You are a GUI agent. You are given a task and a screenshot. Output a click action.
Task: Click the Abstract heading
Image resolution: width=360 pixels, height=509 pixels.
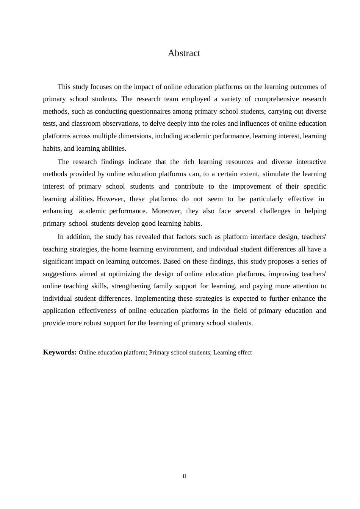[x=184, y=53]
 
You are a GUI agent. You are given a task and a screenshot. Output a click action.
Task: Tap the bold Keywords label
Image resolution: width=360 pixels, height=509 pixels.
[x=60, y=352]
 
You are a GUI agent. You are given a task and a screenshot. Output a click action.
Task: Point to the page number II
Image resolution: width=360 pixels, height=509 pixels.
[x=184, y=476]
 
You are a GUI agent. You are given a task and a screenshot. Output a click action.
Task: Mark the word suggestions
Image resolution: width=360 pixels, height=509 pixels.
[x=60, y=274]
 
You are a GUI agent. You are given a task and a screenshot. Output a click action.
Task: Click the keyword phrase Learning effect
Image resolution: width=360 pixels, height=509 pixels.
[x=233, y=353]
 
